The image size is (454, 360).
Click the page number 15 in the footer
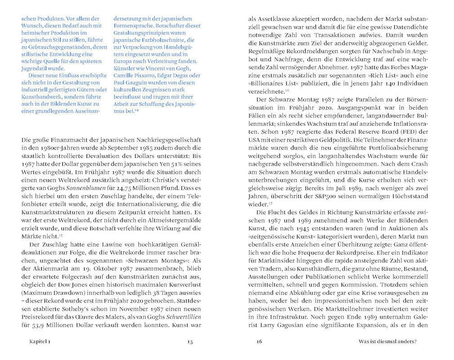(190, 342)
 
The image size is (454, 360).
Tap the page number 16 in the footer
(259, 342)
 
